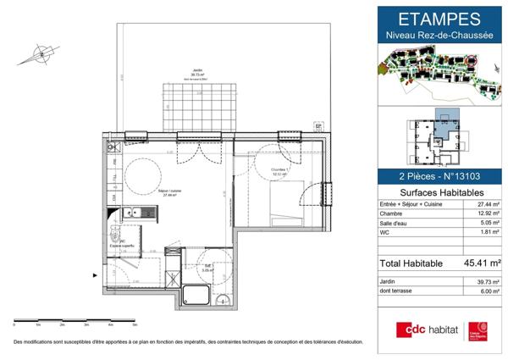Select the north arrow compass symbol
[36, 55]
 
